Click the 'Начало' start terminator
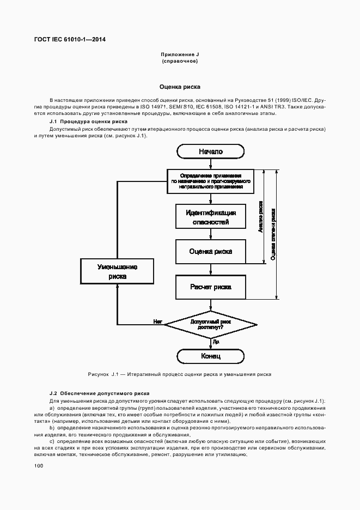(x=211, y=151)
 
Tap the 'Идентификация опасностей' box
(x=211, y=217)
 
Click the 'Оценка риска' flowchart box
(x=211, y=251)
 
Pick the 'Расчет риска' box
(x=211, y=287)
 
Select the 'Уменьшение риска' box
(x=117, y=271)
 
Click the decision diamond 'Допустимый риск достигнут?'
(x=211, y=325)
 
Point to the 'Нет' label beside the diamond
(x=158, y=321)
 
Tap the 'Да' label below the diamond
(x=216, y=342)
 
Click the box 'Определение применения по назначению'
(x=211, y=181)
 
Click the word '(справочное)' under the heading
(x=179, y=61)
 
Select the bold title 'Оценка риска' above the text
(x=179, y=87)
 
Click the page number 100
(x=38, y=465)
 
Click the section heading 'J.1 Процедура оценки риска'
(x=88, y=122)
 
